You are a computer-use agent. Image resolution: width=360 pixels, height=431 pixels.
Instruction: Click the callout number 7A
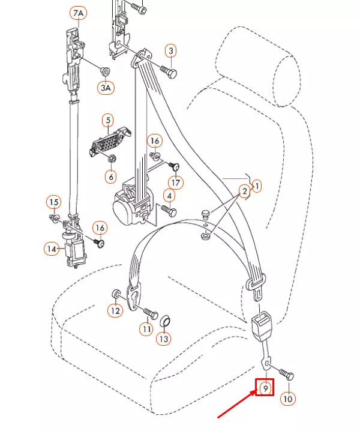coord(79,13)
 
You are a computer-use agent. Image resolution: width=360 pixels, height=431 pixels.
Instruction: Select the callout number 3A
coord(106,88)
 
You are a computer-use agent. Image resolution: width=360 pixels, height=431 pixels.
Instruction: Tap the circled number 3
coord(171,50)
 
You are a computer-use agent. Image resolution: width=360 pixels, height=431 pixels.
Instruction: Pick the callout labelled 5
coord(108,120)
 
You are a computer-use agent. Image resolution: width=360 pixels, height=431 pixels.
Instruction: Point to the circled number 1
coord(257,187)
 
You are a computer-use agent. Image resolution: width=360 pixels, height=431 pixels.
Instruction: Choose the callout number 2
coord(244,191)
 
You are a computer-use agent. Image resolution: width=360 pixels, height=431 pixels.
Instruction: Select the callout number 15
coord(54,202)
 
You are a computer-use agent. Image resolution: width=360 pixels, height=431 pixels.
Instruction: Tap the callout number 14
coord(52,247)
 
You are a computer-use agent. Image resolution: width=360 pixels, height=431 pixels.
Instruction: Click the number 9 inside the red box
coord(265,388)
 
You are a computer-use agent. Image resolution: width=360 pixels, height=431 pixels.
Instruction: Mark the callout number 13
coord(164,339)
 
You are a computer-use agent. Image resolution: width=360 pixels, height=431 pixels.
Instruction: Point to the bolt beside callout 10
coord(286,376)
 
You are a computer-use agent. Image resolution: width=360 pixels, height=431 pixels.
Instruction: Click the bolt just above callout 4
coord(168,210)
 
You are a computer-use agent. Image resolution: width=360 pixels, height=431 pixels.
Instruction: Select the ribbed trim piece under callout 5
coord(108,142)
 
